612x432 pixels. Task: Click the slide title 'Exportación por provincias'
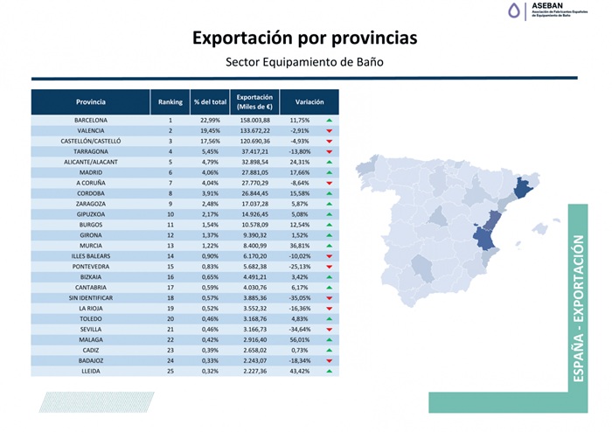[304, 38]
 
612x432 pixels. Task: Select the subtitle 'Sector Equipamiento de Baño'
[304, 62]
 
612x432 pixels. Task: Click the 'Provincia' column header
[91, 101]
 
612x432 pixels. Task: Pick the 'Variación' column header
[309, 101]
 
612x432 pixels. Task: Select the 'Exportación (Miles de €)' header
[254, 101]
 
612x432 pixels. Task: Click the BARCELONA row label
[91, 120]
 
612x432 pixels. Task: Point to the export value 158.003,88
[254, 120]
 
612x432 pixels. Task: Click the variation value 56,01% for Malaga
[300, 338]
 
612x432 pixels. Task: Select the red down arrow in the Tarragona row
[330, 151]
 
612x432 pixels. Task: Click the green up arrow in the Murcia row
[330, 245]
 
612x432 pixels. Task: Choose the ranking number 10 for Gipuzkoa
[170, 213]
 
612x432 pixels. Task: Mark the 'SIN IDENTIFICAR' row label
[91, 297]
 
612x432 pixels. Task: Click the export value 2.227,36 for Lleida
[254, 370]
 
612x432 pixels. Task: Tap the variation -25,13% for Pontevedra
[300, 266]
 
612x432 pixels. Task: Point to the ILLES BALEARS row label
[91, 255]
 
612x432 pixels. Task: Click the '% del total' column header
[210, 101]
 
